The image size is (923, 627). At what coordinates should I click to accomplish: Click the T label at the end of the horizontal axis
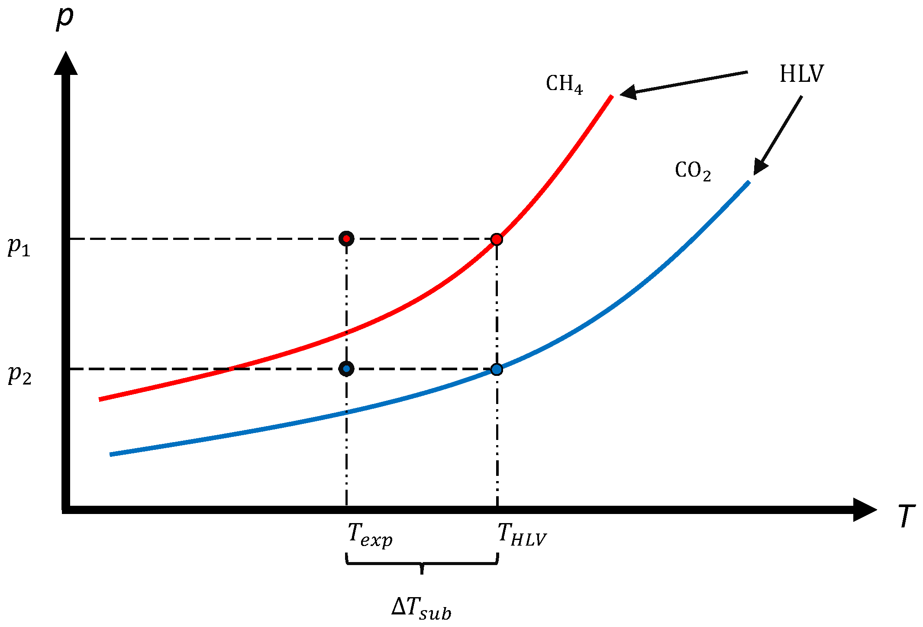point(906,516)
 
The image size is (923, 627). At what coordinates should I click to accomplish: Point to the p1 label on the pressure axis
point(19,247)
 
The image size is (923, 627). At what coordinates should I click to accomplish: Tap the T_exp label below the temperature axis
point(370,535)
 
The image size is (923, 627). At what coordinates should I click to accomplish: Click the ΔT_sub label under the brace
point(421,608)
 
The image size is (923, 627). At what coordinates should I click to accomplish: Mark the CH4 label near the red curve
point(564,84)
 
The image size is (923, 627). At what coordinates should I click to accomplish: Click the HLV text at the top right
point(801,74)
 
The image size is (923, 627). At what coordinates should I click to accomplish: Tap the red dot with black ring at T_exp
point(346,239)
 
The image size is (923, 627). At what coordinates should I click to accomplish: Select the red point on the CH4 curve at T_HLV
point(497,239)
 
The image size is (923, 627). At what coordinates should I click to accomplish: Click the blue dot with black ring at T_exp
point(346,369)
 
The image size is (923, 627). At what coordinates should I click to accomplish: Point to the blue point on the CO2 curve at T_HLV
point(497,369)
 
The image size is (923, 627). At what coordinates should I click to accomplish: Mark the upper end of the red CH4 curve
point(611,97)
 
